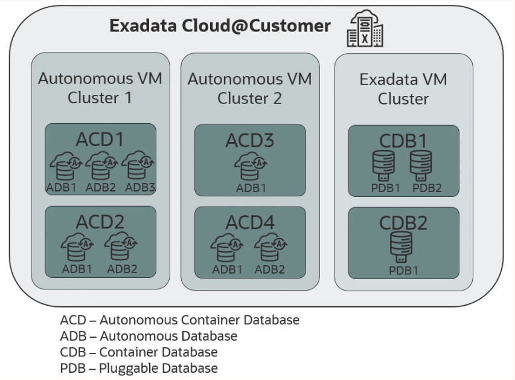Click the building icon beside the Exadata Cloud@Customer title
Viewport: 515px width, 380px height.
point(365,28)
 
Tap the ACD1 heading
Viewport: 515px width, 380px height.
point(100,140)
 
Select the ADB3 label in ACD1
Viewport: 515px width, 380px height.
point(140,187)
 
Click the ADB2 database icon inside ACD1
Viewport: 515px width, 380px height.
point(101,166)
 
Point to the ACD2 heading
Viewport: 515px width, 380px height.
point(100,222)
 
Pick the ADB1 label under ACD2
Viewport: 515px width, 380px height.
point(77,269)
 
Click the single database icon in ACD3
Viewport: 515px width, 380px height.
point(251,166)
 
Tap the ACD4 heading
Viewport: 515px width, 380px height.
point(250,222)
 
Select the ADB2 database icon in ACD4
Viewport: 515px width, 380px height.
point(270,247)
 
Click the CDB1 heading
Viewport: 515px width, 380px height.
point(403,141)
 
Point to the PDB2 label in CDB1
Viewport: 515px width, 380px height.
point(427,188)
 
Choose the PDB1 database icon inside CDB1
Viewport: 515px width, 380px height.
point(383,166)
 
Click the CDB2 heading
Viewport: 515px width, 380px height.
point(403,223)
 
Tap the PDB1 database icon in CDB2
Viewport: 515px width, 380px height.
point(401,247)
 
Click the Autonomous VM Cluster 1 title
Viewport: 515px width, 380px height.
point(100,88)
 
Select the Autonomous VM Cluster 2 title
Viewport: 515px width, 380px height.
point(249,89)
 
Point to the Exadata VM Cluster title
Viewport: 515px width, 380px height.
point(403,89)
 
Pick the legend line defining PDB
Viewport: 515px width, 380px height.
point(139,368)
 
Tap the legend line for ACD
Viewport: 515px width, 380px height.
point(180,320)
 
